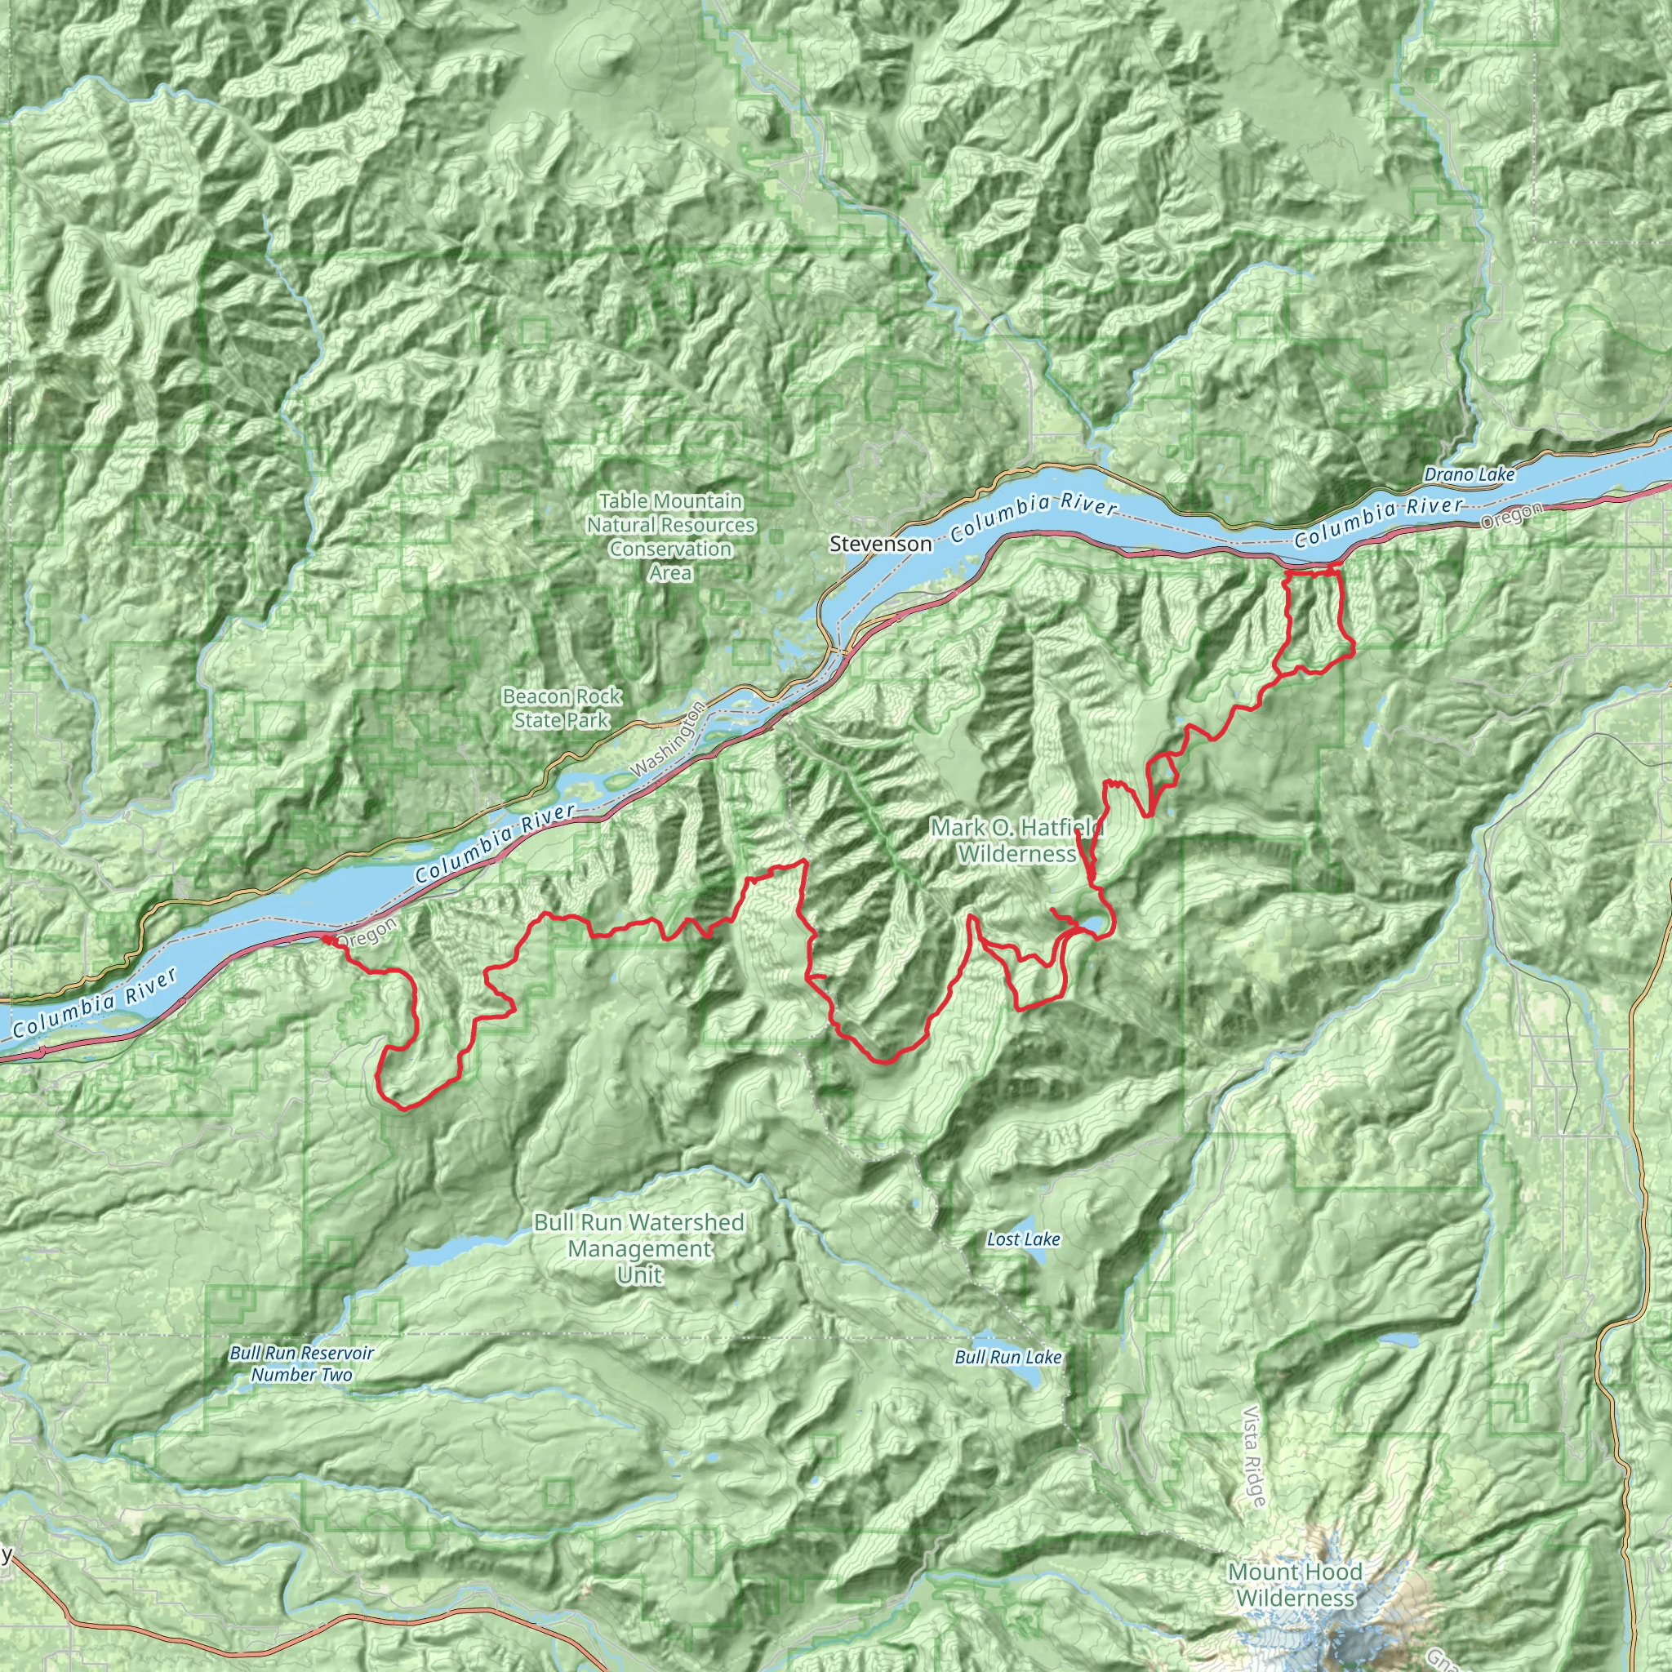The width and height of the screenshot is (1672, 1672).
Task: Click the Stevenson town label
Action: (880, 544)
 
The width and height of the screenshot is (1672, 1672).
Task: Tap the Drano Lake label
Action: (1469, 474)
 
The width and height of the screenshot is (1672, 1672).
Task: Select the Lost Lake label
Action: (1023, 1239)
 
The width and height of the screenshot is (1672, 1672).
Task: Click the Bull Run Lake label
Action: (1007, 1357)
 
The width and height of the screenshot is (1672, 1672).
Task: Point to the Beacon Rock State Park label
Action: (562, 708)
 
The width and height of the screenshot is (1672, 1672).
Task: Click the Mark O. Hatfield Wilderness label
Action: (1017, 840)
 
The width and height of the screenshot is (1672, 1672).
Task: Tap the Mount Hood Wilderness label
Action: (1295, 1585)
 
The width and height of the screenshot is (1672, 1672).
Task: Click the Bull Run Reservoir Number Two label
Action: (301, 1363)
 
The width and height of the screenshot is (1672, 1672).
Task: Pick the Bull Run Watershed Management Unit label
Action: (638, 1248)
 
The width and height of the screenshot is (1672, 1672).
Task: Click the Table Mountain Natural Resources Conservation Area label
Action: (671, 536)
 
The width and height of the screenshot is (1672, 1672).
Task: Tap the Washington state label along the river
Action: (668, 740)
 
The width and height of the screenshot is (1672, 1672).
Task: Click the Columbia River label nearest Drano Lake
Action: (1379, 522)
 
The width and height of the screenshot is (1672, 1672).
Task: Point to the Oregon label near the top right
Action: (1511, 516)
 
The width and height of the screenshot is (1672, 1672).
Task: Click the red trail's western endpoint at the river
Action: (327, 938)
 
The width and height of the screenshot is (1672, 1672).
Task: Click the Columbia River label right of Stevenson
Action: (1034, 518)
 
